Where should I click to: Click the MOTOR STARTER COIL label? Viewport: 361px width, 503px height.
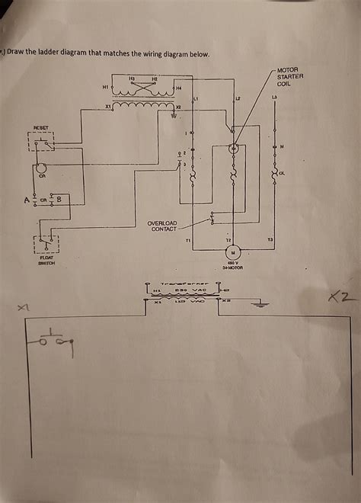coord(289,77)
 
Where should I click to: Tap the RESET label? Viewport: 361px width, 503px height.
coord(40,127)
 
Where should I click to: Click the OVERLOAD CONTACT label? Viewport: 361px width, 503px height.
coord(164,226)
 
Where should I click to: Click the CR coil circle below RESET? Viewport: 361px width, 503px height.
coord(43,168)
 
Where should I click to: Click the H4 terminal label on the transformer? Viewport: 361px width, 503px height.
coord(178,88)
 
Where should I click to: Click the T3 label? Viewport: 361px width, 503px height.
coord(269,240)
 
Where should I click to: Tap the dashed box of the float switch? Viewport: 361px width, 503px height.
coord(46,244)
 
